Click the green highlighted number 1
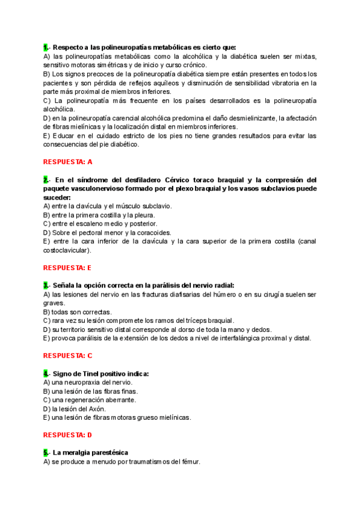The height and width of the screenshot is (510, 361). [46, 47]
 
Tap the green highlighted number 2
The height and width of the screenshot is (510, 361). [46, 180]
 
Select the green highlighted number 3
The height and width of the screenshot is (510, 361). [46, 285]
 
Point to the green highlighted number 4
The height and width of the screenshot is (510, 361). [46, 373]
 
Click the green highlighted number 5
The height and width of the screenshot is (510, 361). [46, 452]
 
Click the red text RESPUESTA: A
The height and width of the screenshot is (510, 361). [68, 162]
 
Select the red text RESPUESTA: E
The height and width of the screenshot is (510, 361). [68, 268]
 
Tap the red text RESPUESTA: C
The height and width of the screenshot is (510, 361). [68, 355]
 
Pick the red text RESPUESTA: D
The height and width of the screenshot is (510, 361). [68, 434]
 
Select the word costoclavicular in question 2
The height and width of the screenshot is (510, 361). [66, 250]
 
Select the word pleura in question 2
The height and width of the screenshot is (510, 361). [144, 215]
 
